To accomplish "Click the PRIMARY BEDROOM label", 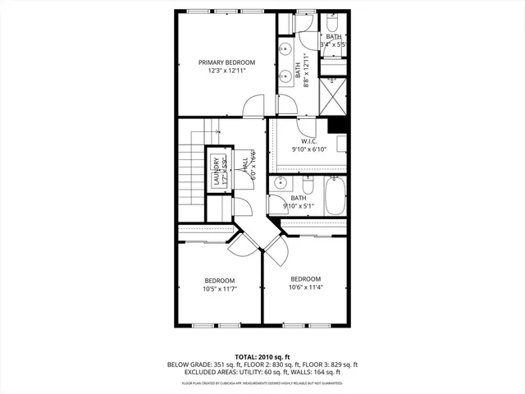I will click(x=226, y=62).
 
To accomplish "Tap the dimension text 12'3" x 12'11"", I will click(x=226, y=71).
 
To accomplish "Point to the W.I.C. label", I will click(x=309, y=140).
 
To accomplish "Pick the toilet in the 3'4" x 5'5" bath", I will click(x=333, y=21).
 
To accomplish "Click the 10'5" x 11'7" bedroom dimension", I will click(x=220, y=288).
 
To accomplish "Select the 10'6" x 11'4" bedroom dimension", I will click(x=305, y=287).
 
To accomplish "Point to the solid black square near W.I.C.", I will click(x=336, y=125).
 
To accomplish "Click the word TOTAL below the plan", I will click(x=247, y=356).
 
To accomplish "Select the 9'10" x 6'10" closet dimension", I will click(x=310, y=149).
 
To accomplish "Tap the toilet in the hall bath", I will click(x=308, y=181).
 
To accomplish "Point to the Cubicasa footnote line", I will click(x=262, y=383).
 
